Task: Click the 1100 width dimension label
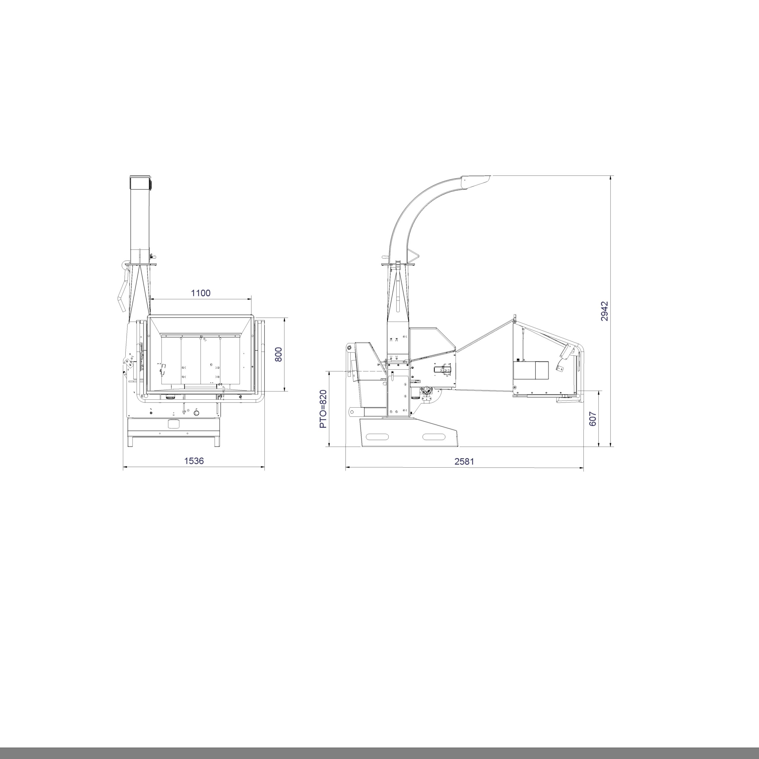(201, 293)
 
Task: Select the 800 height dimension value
(278, 355)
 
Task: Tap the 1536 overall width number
(194, 460)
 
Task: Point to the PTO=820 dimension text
(323, 409)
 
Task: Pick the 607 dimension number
(593, 419)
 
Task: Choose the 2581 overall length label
(464, 461)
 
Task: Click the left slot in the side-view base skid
(377, 436)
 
